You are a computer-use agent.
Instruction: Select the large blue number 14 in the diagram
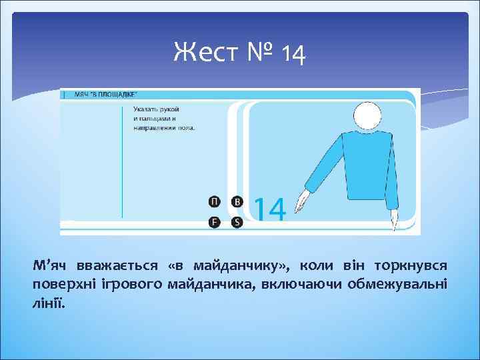click(x=270, y=209)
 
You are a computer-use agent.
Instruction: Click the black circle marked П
click(x=213, y=201)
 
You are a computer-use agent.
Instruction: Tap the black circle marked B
click(x=236, y=201)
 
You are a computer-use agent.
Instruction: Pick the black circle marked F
click(x=213, y=222)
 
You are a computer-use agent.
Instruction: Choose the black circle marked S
click(x=236, y=222)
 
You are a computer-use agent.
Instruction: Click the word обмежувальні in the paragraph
click(x=407, y=284)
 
